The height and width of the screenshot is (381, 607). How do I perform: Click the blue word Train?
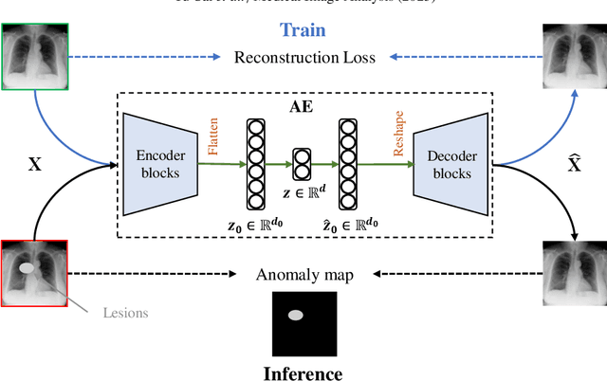pos(303,30)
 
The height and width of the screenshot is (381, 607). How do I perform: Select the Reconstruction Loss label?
pos(304,58)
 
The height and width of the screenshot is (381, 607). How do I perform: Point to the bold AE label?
pos(304,107)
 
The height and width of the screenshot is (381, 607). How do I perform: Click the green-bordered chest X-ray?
pos(33,58)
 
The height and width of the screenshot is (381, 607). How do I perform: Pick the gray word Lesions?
pos(127,312)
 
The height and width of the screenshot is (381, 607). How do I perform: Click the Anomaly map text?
pos(303,275)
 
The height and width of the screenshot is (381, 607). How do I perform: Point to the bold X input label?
pos(35,163)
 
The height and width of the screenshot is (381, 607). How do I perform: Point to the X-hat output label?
pos(573,163)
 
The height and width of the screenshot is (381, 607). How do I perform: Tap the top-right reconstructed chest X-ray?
pos(574,58)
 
